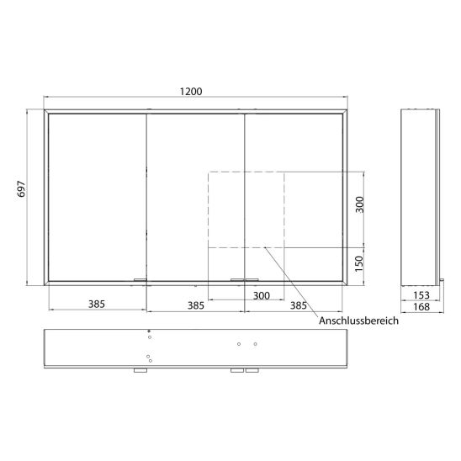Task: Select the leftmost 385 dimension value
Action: click(x=97, y=305)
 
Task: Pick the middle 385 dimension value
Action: click(x=196, y=305)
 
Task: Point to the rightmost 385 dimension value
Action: click(x=298, y=305)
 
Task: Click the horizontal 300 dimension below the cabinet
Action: click(x=261, y=296)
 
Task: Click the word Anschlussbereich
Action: click(x=358, y=321)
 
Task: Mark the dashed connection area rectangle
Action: click(x=246, y=209)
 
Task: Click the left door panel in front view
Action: click(x=98, y=197)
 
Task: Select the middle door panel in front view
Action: click(x=196, y=197)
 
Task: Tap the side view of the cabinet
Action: click(x=420, y=197)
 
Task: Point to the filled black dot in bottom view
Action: click(x=149, y=331)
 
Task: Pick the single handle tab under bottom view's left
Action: click(x=140, y=371)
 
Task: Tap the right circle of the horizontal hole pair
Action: click(x=255, y=344)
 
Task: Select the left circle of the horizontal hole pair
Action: click(x=240, y=344)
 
